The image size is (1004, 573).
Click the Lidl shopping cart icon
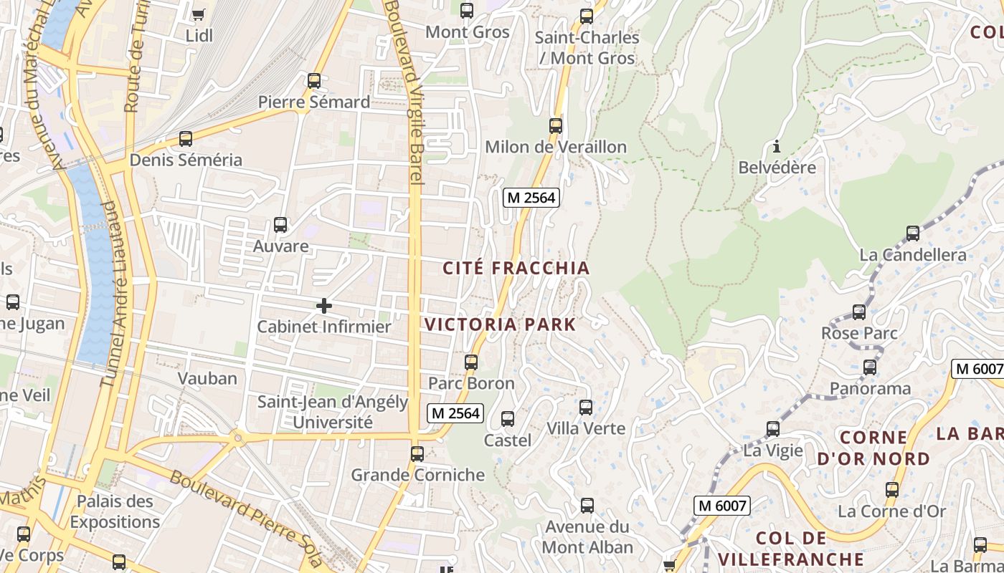tap(199, 14)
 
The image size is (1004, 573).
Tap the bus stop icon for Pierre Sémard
tap(314, 80)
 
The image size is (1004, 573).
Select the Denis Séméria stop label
tap(186, 160)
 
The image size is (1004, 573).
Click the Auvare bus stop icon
tap(280, 224)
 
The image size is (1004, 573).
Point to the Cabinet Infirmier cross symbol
tap(324, 307)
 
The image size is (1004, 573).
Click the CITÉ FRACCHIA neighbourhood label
tap(516, 269)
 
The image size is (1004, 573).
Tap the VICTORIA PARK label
tap(500, 324)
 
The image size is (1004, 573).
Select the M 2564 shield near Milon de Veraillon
tap(531, 198)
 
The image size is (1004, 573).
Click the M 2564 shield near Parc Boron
tap(455, 413)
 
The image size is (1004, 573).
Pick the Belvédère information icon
tap(777, 147)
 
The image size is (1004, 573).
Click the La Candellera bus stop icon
tap(913, 233)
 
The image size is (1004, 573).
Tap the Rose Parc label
tap(859, 333)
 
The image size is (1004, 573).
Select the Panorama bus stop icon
tap(870, 367)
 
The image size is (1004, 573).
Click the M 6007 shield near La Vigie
tap(723, 506)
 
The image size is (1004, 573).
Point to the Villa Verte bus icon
tap(586, 408)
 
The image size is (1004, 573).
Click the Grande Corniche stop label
tap(417, 475)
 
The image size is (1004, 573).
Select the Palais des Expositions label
tap(115, 511)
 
